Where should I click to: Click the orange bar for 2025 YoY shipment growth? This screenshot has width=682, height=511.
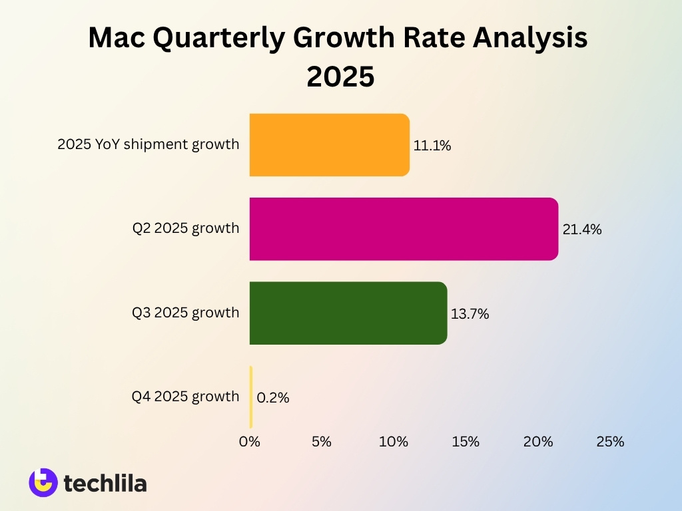(329, 145)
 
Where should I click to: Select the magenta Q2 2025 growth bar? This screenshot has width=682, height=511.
(404, 229)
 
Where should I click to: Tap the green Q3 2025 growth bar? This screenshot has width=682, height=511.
(348, 313)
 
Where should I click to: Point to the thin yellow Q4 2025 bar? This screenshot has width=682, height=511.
(251, 397)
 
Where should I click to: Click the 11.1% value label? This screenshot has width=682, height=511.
(432, 146)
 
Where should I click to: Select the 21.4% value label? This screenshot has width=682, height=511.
(582, 230)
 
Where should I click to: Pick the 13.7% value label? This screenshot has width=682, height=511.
(470, 314)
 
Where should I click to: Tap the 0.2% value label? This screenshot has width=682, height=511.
(273, 398)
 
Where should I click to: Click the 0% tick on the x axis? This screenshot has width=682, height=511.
(250, 441)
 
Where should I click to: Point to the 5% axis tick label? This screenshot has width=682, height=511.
(322, 441)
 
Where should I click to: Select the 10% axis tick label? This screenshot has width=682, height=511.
(394, 441)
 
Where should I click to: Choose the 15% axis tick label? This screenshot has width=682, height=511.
(466, 441)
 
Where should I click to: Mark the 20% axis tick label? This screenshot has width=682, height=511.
(538, 441)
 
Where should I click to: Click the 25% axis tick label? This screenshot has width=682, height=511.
(610, 441)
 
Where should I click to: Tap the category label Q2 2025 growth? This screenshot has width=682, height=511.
(185, 228)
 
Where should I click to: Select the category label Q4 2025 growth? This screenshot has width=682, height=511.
(185, 397)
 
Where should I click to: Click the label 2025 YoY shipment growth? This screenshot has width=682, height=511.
(148, 144)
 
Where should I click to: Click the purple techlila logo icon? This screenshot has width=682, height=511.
(43, 482)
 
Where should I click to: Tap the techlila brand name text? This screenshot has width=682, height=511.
(105, 483)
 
